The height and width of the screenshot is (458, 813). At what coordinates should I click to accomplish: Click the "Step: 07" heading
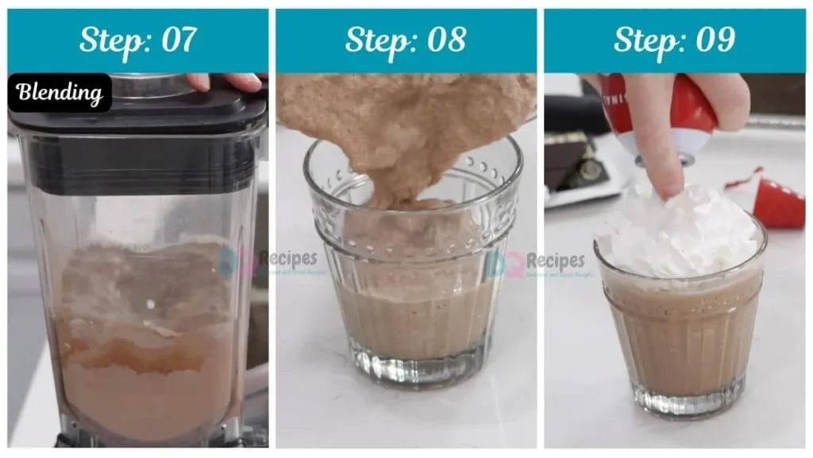tap(137, 40)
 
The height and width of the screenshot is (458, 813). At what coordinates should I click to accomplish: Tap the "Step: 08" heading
tap(406, 40)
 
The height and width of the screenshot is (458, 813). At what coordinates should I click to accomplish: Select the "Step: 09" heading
tap(673, 40)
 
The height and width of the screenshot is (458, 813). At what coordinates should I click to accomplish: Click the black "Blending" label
tap(60, 93)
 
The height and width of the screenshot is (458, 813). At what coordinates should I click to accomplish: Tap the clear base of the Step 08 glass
tap(413, 370)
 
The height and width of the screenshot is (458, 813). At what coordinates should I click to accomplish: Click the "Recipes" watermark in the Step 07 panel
tap(286, 258)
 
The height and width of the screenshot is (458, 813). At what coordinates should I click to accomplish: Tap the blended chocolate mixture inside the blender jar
tap(147, 358)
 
